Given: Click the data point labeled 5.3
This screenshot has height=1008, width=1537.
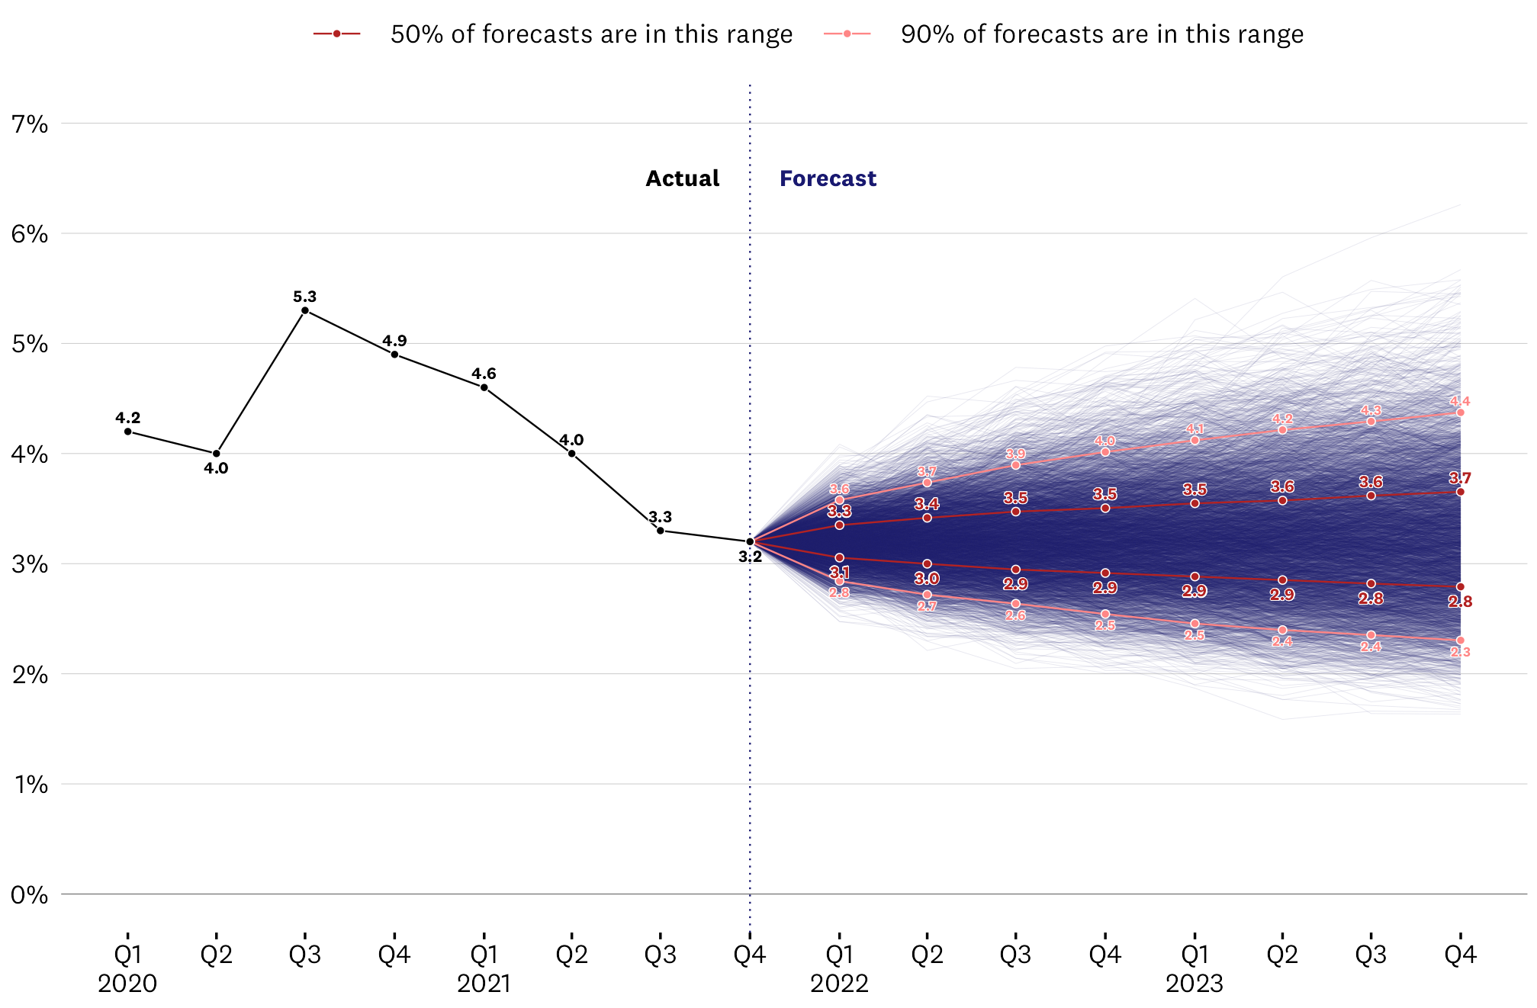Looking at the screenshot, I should click(x=304, y=310).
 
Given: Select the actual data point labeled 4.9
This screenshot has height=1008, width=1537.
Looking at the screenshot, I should click(x=394, y=355).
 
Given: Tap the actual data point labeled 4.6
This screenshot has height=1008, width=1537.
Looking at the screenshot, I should click(x=484, y=387).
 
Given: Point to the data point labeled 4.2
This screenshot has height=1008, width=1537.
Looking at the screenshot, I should click(x=127, y=432).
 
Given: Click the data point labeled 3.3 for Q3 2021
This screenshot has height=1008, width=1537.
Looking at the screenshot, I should click(x=660, y=531).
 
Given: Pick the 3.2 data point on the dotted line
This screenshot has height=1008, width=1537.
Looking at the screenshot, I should click(x=750, y=541).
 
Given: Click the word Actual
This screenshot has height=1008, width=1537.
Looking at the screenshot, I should click(x=682, y=178).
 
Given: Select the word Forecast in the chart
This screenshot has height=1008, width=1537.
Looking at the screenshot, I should click(x=828, y=178).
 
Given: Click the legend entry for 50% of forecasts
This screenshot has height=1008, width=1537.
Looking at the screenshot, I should click(x=590, y=34).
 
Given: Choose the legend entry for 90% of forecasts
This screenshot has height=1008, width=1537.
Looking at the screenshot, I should click(x=1101, y=34).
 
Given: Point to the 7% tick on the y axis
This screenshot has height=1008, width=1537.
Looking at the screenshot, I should click(x=30, y=124).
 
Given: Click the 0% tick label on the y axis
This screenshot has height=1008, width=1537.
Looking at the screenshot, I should click(x=30, y=894).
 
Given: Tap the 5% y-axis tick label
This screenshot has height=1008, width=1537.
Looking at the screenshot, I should click(x=30, y=344).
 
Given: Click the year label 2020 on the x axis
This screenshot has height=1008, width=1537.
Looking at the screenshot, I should click(x=127, y=984).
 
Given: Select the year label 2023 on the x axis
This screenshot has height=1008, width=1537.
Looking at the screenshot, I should click(x=1194, y=984).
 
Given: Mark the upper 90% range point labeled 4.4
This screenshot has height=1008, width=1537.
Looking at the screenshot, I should click(x=1460, y=413).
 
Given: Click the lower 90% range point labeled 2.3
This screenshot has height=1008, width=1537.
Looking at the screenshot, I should click(x=1460, y=640).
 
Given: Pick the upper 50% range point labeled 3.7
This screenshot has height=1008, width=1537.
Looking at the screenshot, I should click(x=1460, y=492).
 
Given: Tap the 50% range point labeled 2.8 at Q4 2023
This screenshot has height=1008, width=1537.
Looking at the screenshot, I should click(x=1460, y=586).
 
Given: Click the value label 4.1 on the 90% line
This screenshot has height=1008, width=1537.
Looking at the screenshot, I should click(x=1195, y=429).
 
